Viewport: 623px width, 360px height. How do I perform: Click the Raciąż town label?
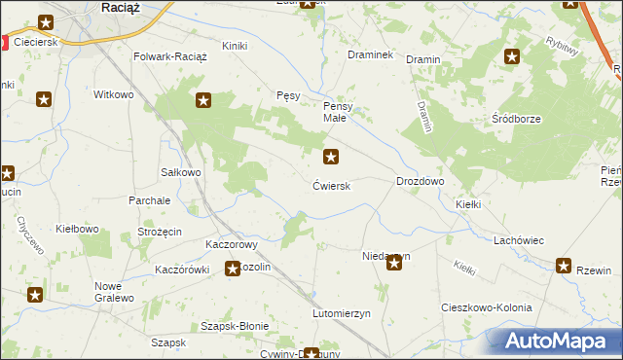124,7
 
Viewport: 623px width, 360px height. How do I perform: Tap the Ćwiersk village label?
332,185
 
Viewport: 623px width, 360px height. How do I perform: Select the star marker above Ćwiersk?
332,156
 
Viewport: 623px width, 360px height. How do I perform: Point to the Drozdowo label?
421,182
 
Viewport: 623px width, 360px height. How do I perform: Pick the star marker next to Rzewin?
565,266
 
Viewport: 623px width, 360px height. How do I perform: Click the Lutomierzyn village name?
342,314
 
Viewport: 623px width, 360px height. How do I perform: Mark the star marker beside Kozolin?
234,269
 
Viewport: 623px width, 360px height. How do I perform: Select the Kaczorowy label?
231,244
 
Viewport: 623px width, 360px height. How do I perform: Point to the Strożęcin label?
161,234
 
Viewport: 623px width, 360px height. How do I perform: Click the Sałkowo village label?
180,172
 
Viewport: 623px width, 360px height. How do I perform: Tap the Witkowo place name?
112,94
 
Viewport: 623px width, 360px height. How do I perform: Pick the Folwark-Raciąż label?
171,56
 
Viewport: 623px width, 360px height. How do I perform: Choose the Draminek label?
370,55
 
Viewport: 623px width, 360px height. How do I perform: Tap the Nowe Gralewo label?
115,292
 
